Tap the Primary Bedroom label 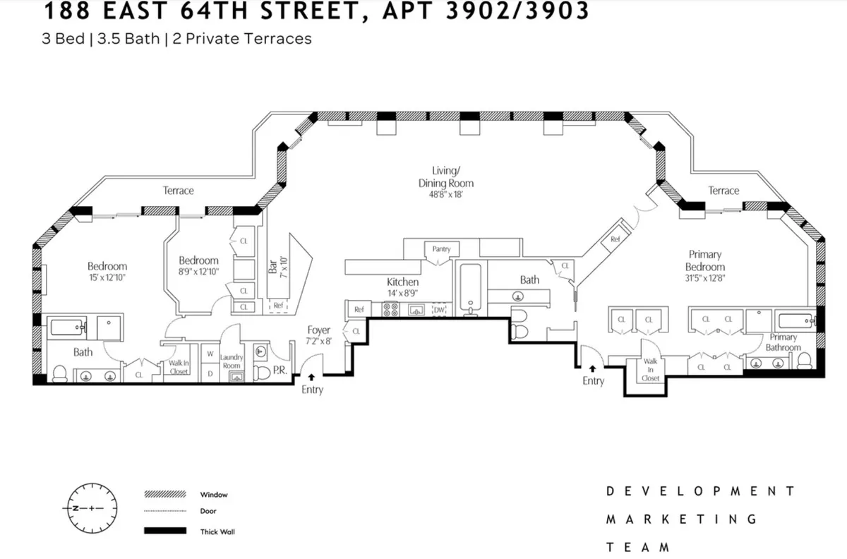pyautogui.click(x=704, y=260)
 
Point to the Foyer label pyautogui.click(x=318, y=330)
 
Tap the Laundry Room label pyautogui.click(x=232, y=361)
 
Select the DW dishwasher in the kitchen pyautogui.click(x=439, y=310)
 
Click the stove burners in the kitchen pyautogui.click(x=390, y=309)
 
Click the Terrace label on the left pyautogui.click(x=178, y=191)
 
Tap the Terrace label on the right pyautogui.click(x=723, y=191)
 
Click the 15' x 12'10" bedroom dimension pyautogui.click(x=107, y=277)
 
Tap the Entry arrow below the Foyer pyautogui.click(x=311, y=378)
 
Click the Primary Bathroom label pyautogui.click(x=783, y=342)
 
